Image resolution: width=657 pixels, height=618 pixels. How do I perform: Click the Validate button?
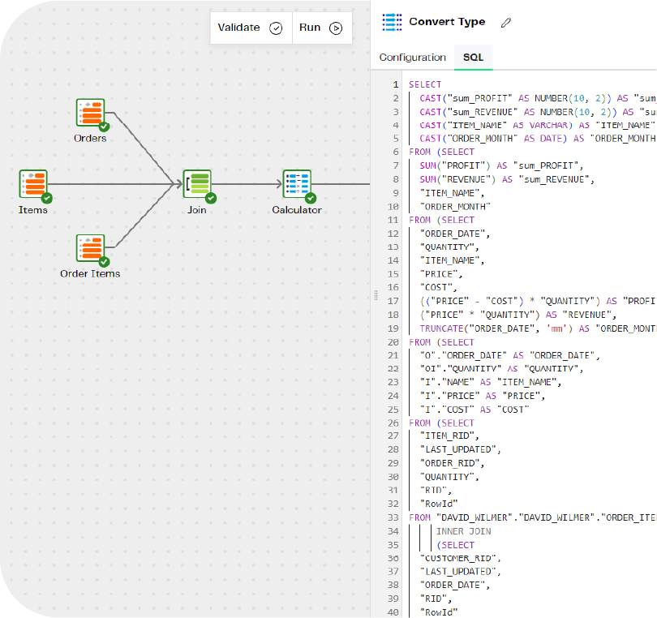point(250,28)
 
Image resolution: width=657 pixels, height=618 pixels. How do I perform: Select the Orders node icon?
point(91,113)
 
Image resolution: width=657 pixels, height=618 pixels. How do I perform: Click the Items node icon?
point(33,184)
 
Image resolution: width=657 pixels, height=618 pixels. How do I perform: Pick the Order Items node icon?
point(91,248)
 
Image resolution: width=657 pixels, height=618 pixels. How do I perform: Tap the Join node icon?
point(197,184)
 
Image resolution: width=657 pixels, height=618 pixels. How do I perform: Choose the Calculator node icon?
point(296,184)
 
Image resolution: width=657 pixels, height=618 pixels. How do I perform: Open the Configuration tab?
point(412,58)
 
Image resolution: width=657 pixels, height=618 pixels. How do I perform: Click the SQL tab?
point(473,58)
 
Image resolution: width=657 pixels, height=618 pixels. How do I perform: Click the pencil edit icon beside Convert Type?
point(506,23)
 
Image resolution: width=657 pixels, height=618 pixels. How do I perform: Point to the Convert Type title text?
point(447,22)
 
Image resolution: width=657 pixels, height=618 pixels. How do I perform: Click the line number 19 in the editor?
point(394,328)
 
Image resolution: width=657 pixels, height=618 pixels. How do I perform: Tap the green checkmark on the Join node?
point(211,197)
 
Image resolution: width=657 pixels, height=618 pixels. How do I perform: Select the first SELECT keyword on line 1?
point(425,84)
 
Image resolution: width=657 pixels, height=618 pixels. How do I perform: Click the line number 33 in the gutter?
point(394,517)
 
